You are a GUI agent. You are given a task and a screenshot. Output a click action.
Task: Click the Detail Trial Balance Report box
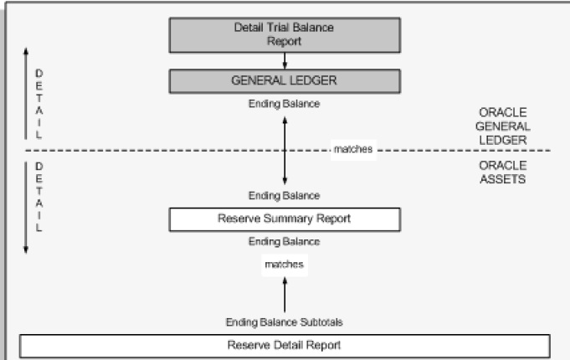(284, 34)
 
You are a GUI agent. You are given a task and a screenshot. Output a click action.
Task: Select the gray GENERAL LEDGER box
(284, 81)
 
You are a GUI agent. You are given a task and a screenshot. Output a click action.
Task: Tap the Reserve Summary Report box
(284, 219)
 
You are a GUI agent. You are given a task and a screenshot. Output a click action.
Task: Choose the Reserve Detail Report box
(284, 344)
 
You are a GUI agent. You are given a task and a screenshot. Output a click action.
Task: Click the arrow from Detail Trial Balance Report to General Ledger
(285, 60)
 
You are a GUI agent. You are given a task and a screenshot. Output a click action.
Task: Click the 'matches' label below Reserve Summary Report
(283, 264)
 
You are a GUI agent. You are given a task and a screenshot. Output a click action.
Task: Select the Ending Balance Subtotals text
(284, 322)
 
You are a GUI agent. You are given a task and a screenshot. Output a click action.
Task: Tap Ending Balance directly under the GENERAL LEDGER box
(284, 104)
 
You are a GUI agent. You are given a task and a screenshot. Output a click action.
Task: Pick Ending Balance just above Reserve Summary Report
(284, 196)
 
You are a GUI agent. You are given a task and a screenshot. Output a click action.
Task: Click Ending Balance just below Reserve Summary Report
(284, 242)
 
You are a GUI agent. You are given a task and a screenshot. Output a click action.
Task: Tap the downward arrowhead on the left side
(26, 249)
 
